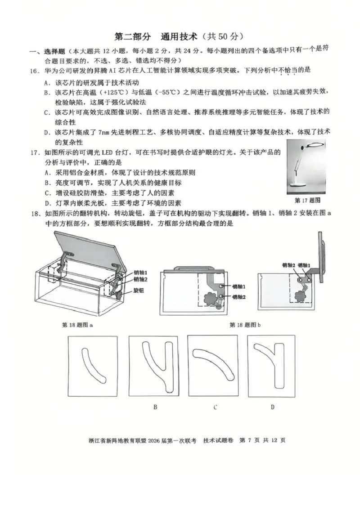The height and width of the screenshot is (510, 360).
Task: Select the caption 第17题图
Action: (x=307, y=200)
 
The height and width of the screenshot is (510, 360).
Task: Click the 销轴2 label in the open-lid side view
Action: (x=288, y=265)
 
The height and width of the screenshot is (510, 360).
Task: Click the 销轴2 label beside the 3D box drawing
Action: (x=140, y=280)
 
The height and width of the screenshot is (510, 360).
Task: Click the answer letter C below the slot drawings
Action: (x=215, y=407)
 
